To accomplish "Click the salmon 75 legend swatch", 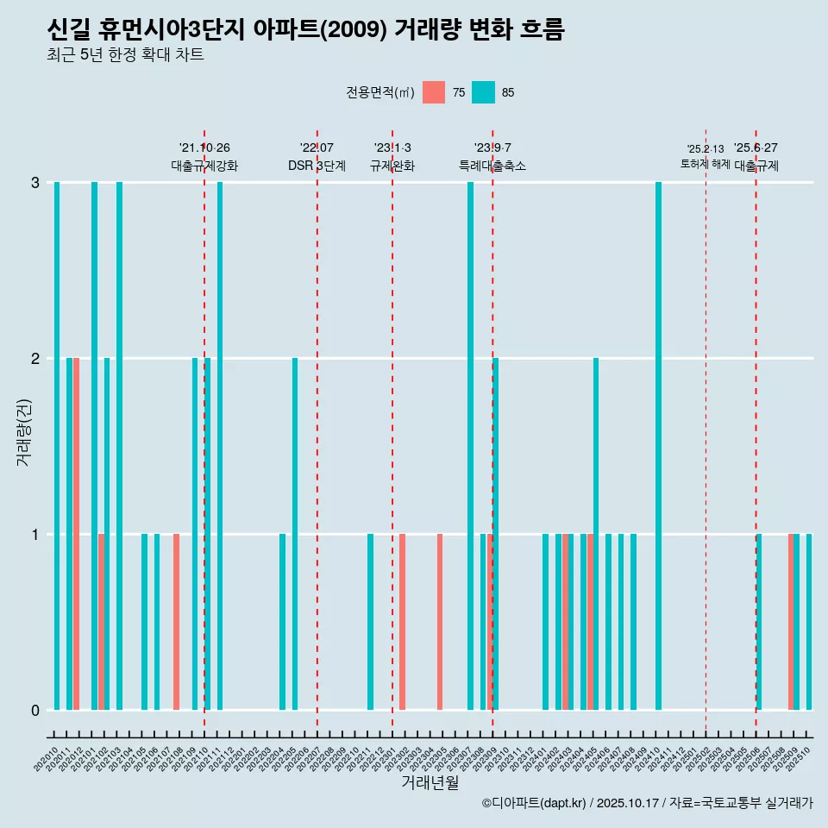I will click(434, 92).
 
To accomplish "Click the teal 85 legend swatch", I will click(483, 92).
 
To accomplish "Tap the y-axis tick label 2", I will click(35, 358).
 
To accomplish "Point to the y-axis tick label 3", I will click(35, 182).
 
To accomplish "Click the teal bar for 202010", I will click(57, 445).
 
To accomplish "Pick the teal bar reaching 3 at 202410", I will click(658, 445).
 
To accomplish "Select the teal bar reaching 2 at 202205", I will click(295, 533).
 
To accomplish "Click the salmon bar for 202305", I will click(440, 621).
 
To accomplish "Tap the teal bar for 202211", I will click(371, 621).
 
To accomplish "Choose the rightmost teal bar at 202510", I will click(809, 621).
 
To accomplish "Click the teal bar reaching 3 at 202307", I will click(470, 445).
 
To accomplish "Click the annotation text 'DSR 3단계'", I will click(317, 166).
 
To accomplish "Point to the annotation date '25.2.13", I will click(706, 149).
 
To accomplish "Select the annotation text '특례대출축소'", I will click(492, 166).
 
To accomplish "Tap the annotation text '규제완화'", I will click(392, 166).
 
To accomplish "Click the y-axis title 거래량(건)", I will click(23, 431).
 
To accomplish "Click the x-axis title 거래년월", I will click(430, 782).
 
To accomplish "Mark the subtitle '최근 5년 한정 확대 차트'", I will click(125, 55).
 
